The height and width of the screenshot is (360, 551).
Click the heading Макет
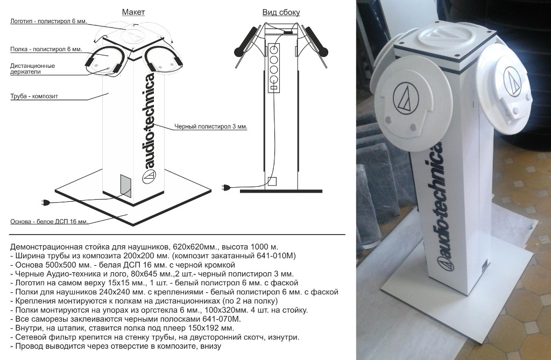click(133, 12)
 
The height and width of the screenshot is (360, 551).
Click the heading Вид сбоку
click(281, 12)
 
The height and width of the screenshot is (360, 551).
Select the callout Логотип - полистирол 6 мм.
click(48, 21)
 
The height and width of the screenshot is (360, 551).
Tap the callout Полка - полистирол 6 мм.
click(46, 49)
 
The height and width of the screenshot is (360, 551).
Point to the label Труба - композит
click(34, 96)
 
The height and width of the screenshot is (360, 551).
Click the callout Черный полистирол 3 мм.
click(211, 126)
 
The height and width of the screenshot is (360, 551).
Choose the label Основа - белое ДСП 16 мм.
click(49, 222)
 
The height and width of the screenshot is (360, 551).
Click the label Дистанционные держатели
click(32, 68)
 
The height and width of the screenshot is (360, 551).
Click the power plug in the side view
click(227, 188)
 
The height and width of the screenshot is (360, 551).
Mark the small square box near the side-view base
click(272, 181)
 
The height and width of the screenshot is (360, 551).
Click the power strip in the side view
click(274, 68)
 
